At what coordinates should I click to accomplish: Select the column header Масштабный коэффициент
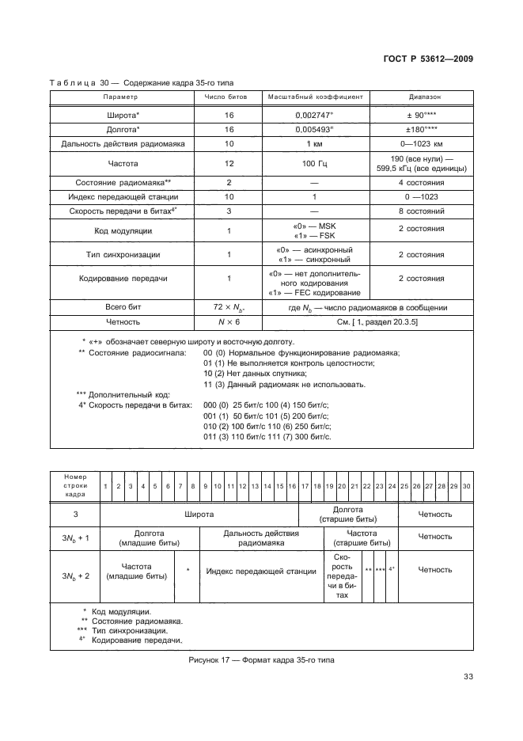(x=316, y=96)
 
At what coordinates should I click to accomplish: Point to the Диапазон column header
(x=425, y=96)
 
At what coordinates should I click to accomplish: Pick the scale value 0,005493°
(x=315, y=129)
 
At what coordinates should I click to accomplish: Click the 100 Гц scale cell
(x=315, y=163)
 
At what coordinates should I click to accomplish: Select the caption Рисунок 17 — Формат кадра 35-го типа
(x=261, y=660)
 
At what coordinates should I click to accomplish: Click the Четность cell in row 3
(x=435, y=514)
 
